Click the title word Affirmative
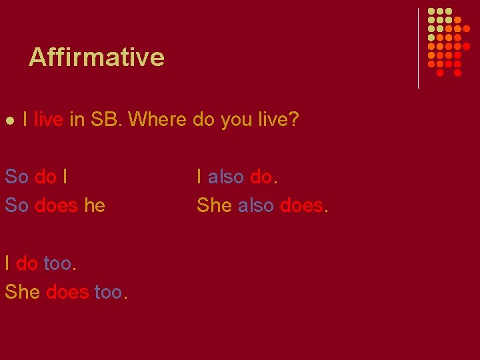click(x=97, y=57)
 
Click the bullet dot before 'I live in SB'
click(x=10, y=121)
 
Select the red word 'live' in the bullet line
click(x=48, y=120)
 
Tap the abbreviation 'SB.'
click(x=106, y=120)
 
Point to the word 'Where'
click(x=157, y=120)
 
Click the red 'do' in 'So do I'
click(x=45, y=177)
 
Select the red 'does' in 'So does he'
click(x=57, y=205)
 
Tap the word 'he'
click(x=95, y=205)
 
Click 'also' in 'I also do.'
click(x=226, y=177)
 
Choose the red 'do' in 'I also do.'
click(x=261, y=177)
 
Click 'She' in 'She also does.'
click(x=214, y=205)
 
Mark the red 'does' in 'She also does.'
click(x=301, y=205)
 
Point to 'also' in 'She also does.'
click(x=256, y=205)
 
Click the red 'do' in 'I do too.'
click(x=27, y=263)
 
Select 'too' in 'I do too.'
click(x=57, y=263)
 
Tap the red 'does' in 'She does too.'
click(x=68, y=291)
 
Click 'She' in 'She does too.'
click(x=23, y=291)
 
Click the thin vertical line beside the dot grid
click(x=418, y=48)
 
